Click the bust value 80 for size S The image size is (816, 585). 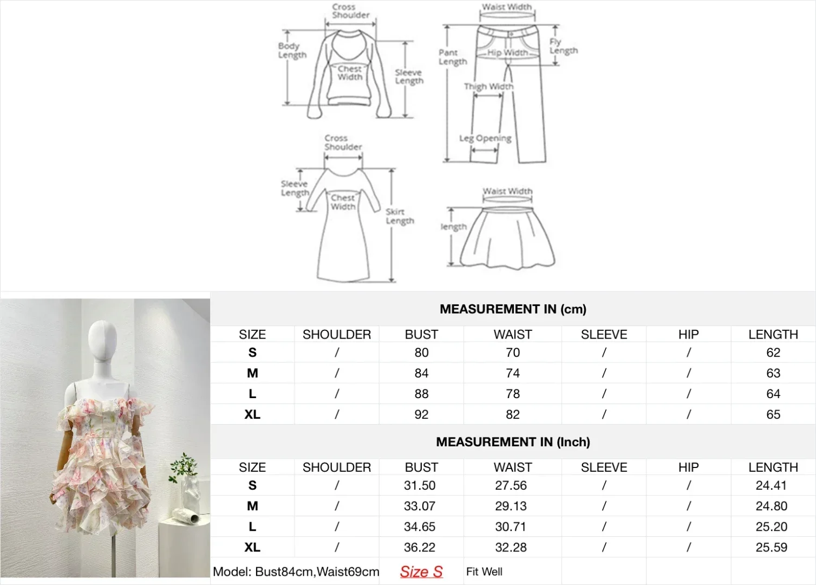click(x=421, y=353)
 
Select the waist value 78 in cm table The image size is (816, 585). click(x=513, y=394)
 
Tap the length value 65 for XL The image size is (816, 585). click(x=773, y=414)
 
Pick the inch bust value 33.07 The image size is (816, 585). click(x=420, y=506)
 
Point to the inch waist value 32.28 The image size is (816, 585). click(x=511, y=547)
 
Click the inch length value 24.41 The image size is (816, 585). click(x=771, y=485)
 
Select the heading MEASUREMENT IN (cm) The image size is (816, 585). click(x=513, y=309)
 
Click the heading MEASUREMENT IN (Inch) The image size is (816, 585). click(x=513, y=442)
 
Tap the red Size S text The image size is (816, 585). click(x=421, y=571)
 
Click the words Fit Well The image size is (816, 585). click(x=484, y=571)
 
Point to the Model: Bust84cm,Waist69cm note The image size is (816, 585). click(x=296, y=571)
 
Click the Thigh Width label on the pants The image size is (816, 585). click(x=488, y=87)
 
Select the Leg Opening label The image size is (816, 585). click(x=485, y=138)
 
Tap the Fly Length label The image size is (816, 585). click(x=563, y=46)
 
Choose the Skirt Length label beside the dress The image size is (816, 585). click(x=400, y=216)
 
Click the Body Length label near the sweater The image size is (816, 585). click(x=292, y=50)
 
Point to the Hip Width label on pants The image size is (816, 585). click(x=507, y=53)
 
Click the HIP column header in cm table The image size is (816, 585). click(x=688, y=335)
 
